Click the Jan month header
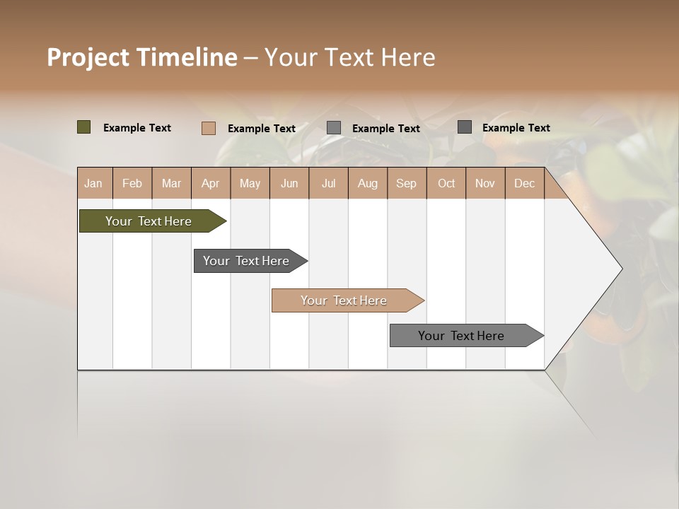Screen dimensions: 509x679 pyautogui.click(x=93, y=183)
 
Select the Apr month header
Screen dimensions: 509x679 pyautogui.click(x=210, y=183)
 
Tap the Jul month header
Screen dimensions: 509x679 pyautogui.click(x=328, y=183)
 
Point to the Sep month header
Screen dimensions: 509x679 pyautogui.click(x=406, y=183)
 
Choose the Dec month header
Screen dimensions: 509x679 pyautogui.click(x=524, y=183)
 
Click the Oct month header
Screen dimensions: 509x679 pyautogui.click(x=446, y=183)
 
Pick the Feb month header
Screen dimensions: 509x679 pyautogui.click(x=132, y=183)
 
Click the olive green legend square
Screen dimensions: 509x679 pyautogui.click(x=83, y=127)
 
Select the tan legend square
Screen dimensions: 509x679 pyautogui.click(x=208, y=128)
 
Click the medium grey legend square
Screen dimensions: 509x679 pyautogui.click(x=334, y=128)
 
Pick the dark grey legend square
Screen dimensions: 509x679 pyautogui.click(x=465, y=127)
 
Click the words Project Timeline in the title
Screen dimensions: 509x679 pyautogui.click(x=141, y=57)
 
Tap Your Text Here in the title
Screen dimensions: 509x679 pyautogui.click(x=349, y=57)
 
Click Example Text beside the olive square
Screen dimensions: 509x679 pyautogui.click(x=137, y=128)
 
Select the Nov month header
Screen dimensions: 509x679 pyautogui.click(x=485, y=183)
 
